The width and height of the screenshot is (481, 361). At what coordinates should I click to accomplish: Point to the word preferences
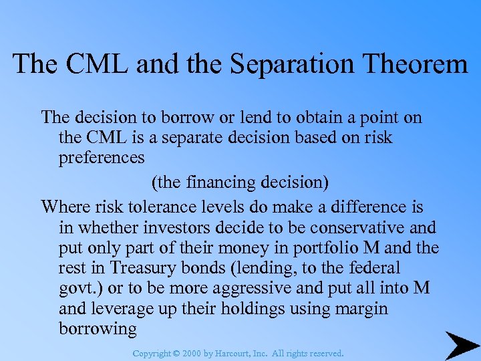point(102,158)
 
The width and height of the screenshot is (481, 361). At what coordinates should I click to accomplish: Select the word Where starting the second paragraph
point(64,207)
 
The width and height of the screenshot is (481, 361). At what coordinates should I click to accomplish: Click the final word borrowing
point(98,330)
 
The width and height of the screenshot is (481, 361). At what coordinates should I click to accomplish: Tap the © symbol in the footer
point(177,353)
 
